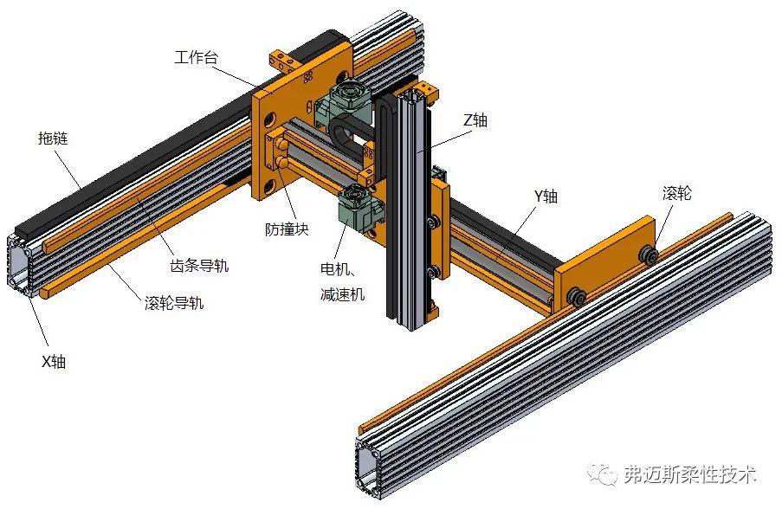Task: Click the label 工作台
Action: tap(195, 58)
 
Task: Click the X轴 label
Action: tap(53, 361)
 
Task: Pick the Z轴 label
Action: tap(475, 120)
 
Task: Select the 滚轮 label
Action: tap(676, 193)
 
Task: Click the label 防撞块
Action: tap(287, 229)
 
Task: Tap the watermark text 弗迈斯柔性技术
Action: tap(689, 474)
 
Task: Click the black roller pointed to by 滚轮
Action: tap(648, 253)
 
